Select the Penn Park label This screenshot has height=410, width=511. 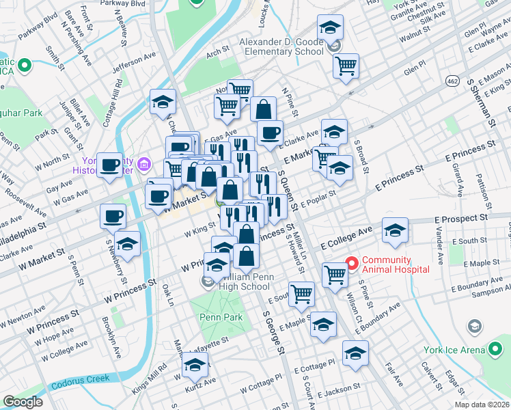point(221,318)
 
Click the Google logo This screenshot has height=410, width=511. point(23,402)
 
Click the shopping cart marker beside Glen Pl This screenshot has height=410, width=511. point(346,67)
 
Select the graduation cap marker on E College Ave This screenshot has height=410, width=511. point(395,230)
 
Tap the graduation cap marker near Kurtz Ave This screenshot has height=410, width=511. point(195,367)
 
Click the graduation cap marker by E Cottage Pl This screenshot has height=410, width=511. point(355,354)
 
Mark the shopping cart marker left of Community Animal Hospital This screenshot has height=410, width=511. point(335,274)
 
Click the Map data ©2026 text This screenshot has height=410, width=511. point(481,404)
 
